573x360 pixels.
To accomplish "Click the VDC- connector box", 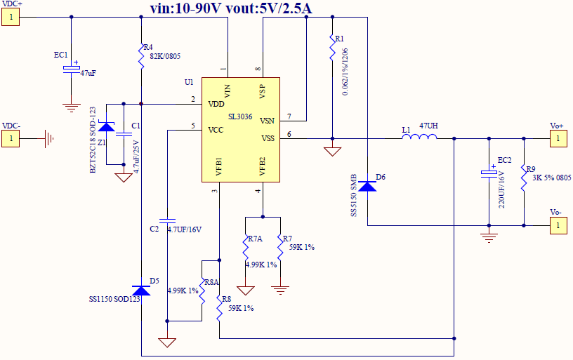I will point(11,138).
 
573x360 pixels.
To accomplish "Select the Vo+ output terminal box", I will point(558,138).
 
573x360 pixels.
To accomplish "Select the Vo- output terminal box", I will point(558,225).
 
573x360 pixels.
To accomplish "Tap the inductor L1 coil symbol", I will point(419,138).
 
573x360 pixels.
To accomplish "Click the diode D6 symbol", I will point(367,186).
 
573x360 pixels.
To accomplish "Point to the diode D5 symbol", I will point(141,291).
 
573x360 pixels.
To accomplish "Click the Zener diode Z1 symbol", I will point(106,127).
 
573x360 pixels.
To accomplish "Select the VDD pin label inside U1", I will point(216,105).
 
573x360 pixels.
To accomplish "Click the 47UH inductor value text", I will point(429,126).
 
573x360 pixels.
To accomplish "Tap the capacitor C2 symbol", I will point(167,218).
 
